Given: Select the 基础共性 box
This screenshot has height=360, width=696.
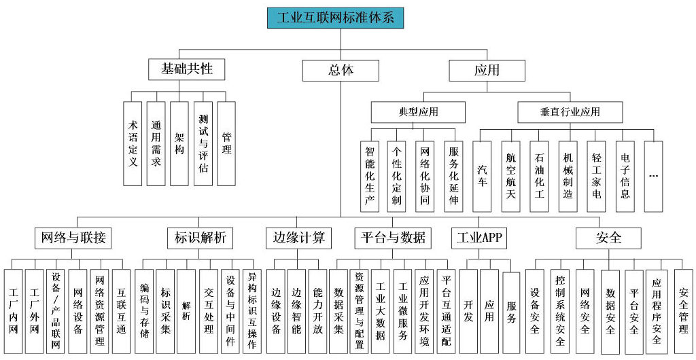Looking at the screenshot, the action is pos(186,69).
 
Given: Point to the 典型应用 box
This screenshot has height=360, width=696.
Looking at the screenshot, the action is pos(418,112).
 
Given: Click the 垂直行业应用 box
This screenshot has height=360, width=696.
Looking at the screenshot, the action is pos(570,112).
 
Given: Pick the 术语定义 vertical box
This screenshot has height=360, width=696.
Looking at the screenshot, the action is pos(133,143).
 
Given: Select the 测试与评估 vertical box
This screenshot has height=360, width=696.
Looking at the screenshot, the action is pos(203,143).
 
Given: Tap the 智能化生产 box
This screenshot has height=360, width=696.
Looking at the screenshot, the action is pos(369,177).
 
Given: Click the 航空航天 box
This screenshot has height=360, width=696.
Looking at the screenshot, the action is pos(510,177).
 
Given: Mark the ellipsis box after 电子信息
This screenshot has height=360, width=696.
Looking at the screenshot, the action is pos(653,177).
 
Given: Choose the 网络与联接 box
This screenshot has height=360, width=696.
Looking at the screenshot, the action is pos(73,238).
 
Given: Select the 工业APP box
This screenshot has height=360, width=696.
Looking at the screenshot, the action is pos(479,238).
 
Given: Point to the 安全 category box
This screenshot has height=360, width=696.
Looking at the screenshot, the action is pos(608,238).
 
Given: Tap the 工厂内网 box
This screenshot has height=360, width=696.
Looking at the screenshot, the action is pos(14,311).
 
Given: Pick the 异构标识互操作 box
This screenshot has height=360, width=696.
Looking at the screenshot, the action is pos(251,311).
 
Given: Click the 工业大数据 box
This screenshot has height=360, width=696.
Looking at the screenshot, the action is pos(381,311).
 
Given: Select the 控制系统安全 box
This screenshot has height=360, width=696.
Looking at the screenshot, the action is pos(560,311).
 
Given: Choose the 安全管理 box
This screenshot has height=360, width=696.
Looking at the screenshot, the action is pos(684,311).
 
